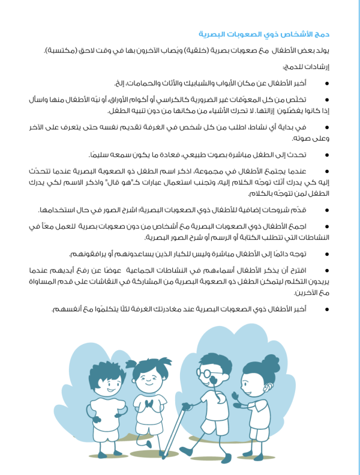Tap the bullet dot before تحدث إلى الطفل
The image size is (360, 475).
click(326, 154)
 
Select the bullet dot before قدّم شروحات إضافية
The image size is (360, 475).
click(326, 210)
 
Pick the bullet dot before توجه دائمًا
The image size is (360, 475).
click(326, 253)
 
